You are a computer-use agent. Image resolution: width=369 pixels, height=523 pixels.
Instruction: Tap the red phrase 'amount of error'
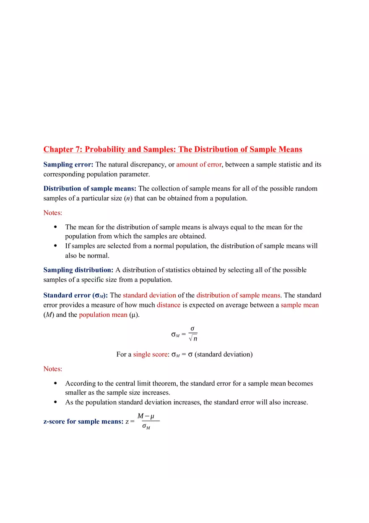coord(198,164)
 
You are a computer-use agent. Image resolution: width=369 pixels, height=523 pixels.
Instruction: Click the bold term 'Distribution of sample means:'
coord(90,188)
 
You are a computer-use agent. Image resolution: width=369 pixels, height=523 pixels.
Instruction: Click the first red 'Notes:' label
coord(52,213)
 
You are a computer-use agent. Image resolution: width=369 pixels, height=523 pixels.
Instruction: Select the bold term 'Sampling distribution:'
coord(78,270)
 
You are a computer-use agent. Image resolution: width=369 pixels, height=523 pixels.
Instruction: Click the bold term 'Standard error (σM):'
coord(75,295)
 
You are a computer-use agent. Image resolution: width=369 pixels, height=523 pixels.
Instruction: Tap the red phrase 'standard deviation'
coord(149,295)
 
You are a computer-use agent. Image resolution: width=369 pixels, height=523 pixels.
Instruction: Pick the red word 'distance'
coord(169,305)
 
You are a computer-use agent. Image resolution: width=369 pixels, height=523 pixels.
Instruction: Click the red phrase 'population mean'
coord(103,315)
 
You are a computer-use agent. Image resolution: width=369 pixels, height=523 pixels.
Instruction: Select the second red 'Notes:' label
coord(52,369)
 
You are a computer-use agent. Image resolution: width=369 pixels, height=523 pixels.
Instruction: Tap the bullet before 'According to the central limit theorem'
coord(56,383)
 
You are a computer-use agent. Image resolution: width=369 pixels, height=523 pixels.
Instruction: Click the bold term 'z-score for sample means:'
coord(83,422)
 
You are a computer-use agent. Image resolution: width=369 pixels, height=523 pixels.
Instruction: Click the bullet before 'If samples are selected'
coord(56,246)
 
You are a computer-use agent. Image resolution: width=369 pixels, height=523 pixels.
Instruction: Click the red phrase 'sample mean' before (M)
coord(299,305)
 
